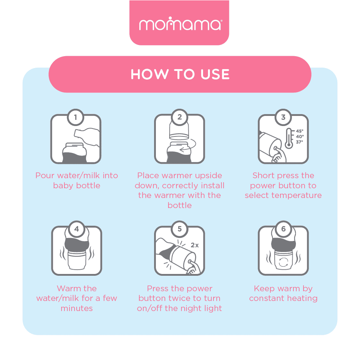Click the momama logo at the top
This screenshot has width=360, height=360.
180,23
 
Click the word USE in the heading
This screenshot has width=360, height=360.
215,74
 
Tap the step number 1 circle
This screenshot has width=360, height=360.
76,117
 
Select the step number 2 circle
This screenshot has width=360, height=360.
180,117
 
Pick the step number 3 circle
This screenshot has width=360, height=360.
283,117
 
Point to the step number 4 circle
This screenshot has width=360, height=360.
77,229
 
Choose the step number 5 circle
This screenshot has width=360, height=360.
180,229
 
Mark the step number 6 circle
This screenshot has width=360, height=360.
283,229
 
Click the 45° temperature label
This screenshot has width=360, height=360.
300,131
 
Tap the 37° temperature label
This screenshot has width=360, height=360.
300,142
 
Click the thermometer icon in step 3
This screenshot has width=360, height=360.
289,139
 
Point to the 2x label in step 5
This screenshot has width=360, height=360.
195,245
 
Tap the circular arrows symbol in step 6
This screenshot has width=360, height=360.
283,262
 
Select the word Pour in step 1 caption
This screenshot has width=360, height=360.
45,175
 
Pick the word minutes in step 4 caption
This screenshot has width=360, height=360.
77,308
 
